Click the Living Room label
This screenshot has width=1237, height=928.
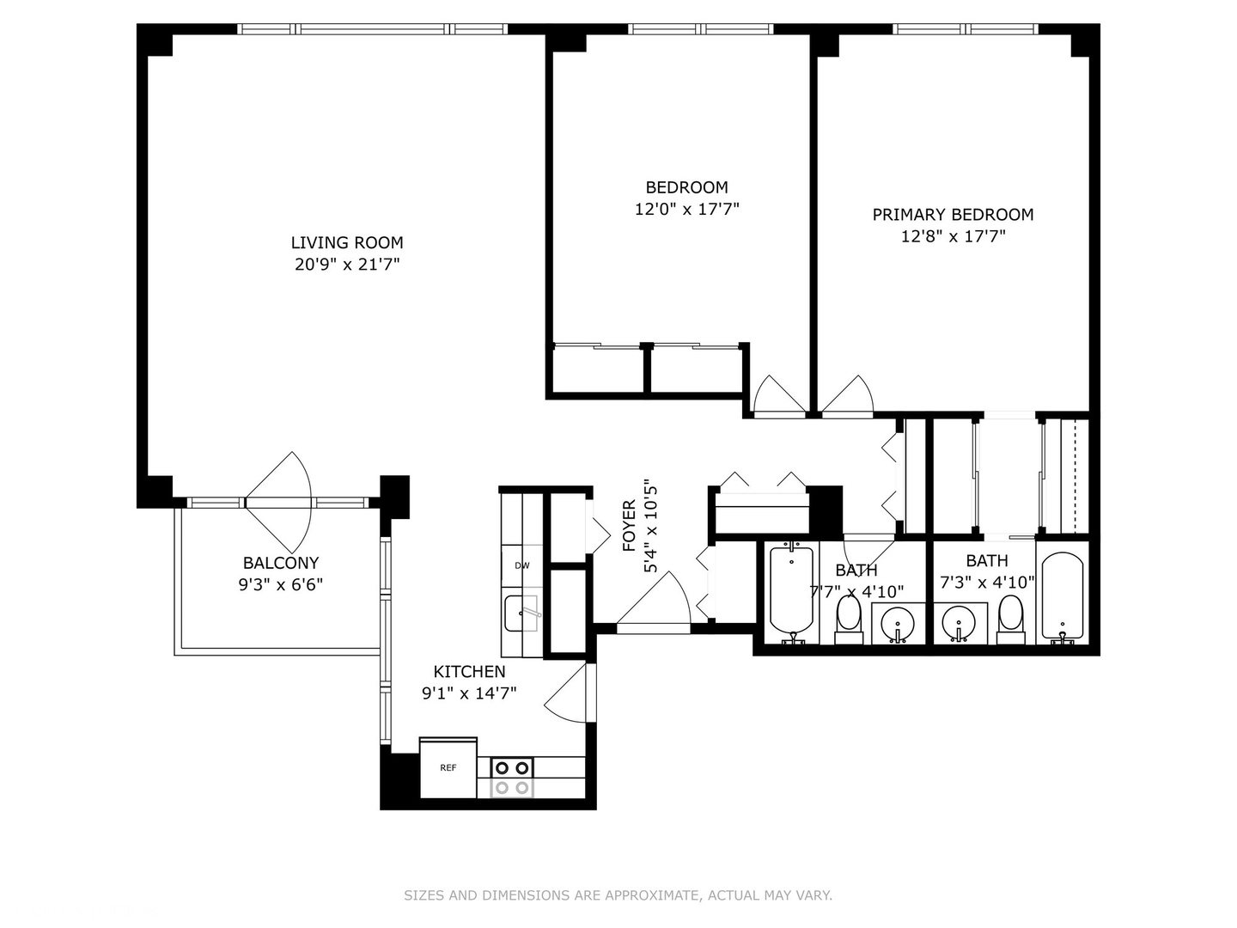[x=347, y=243]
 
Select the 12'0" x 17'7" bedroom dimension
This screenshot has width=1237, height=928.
[x=686, y=209]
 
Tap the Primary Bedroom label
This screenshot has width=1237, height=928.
[x=953, y=215]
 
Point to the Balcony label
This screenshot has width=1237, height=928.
[x=280, y=563]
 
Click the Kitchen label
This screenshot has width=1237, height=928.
[x=469, y=672]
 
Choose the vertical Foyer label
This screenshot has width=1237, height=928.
[x=630, y=525]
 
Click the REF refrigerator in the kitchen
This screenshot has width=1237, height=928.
[x=448, y=768]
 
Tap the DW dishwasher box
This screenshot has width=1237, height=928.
[x=521, y=565]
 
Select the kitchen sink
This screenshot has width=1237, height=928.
[x=521, y=613]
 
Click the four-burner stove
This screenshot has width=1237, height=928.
[x=512, y=778]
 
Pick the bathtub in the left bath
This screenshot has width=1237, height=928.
[x=791, y=590]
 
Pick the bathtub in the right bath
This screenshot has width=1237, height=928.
[x=1063, y=595]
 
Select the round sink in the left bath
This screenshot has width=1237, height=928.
[x=899, y=621]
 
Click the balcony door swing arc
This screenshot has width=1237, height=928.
[x=283, y=503]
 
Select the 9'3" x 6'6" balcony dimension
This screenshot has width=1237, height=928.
[x=280, y=585]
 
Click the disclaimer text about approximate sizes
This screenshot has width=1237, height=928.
[x=618, y=895]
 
